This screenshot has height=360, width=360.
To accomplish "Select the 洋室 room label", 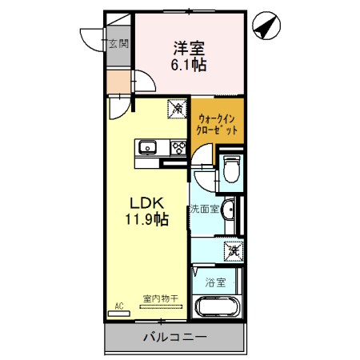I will coord(187,48).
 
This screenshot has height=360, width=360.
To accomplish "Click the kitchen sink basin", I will coord(148,147).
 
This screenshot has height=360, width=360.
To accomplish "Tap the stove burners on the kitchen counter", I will coord(177,147).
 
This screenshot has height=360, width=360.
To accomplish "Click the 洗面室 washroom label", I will coord(204,210).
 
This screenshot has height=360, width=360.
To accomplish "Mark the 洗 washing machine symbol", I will coord(232,251).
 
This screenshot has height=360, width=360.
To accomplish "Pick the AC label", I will coord(118,306).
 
